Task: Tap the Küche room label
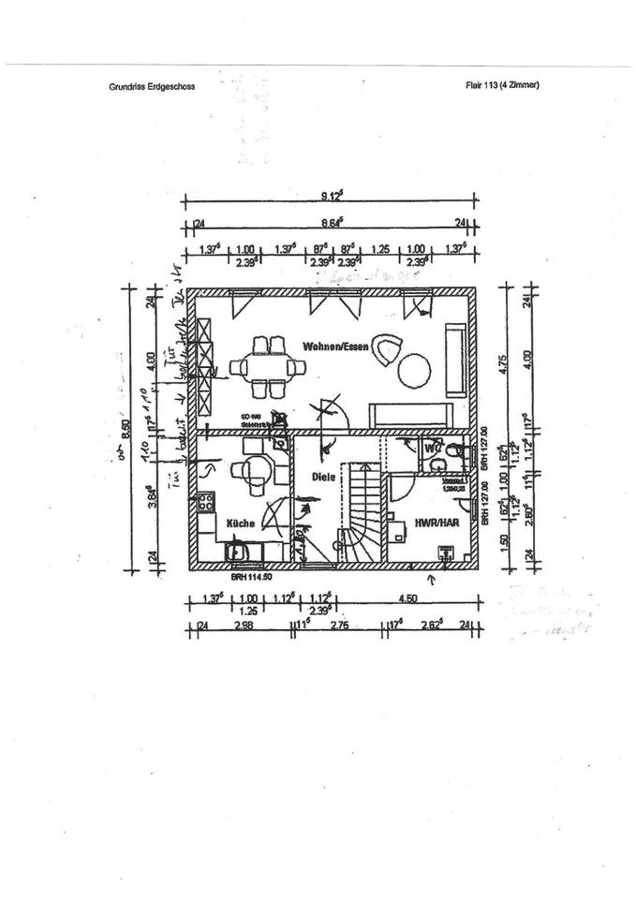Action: pyautogui.click(x=242, y=523)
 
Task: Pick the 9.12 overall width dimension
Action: pyautogui.click(x=331, y=197)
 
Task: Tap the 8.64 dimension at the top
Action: pyautogui.click(x=331, y=223)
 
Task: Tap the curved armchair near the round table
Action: pyautogui.click(x=386, y=348)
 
